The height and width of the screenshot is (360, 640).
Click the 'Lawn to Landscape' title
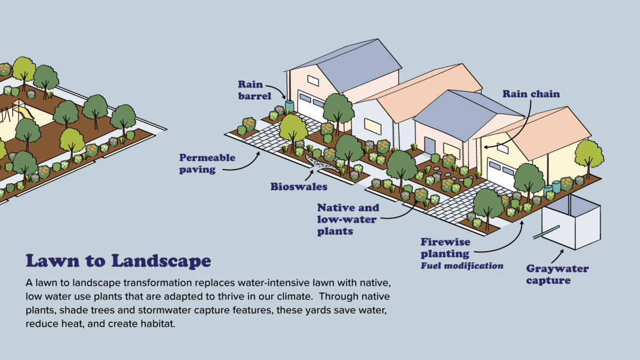tap(118, 261)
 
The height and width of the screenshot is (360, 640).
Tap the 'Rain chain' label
tap(531, 94)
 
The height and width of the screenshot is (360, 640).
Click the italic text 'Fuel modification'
tap(462, 265)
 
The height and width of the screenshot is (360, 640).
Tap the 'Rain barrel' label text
tap(255, 90)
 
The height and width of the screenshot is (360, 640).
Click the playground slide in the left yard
tap(27, 111)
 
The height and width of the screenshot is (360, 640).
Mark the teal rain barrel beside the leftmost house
tap(290, 106)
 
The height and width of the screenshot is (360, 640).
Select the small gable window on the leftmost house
tap(313, 81)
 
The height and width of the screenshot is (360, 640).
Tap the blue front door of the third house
tap(430, 146)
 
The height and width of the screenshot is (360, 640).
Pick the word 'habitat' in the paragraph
tap(157, 324)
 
